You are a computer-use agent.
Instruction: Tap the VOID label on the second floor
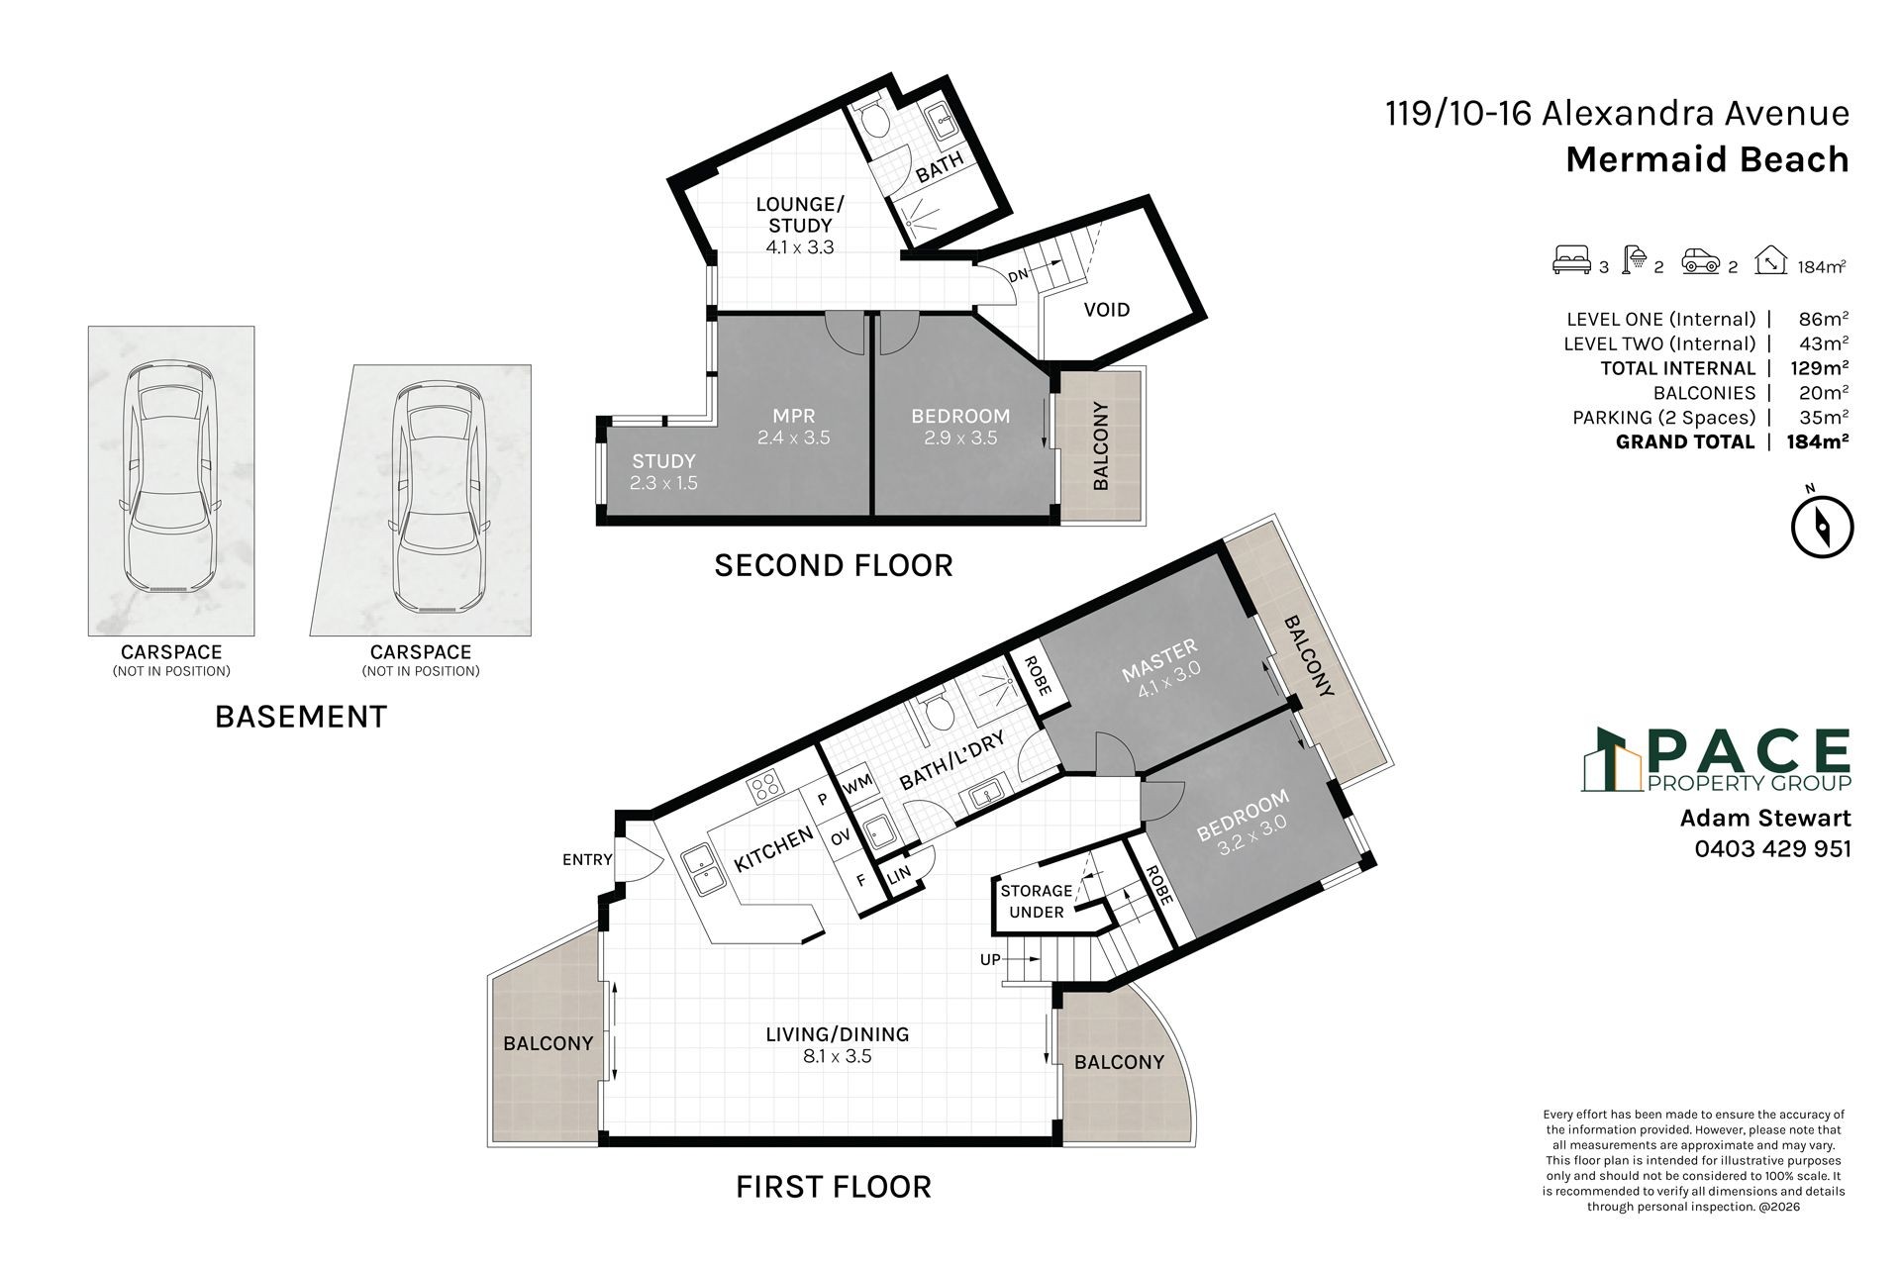1106,310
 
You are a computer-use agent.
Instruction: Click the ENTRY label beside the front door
587,859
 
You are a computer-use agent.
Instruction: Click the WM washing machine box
857,783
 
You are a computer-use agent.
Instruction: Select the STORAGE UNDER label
1037,902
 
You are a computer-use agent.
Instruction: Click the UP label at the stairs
990,959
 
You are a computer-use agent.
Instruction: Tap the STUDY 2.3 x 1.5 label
663,472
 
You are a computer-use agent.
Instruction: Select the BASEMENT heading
301,717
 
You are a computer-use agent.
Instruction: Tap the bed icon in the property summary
1571,264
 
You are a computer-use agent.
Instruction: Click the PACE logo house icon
1611,760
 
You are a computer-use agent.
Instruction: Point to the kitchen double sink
706,869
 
